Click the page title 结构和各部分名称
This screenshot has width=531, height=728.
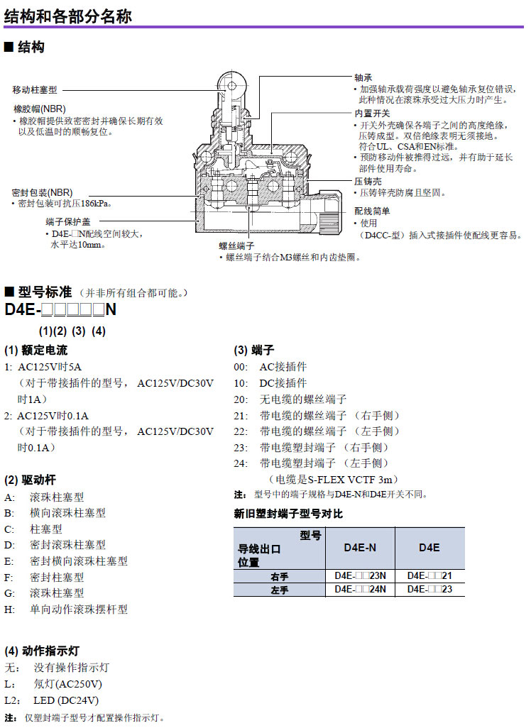[x=68, y=16]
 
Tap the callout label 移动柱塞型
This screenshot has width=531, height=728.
[x=35, y=90]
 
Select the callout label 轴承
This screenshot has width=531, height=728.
[x=363, y=77]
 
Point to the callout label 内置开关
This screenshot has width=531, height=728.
[x=372, y=114]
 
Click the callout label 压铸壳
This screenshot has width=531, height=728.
[x=368, y=182]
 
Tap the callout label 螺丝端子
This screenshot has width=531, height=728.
[x=236, y=246]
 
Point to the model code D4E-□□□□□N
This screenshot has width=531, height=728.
[x=60, y=310]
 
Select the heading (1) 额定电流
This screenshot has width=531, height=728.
[x=36, y=351]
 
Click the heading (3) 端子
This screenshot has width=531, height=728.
[x=254, y=351]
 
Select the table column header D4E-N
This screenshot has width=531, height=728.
[x=360, y=548]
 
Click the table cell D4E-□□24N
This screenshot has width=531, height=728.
[x=360, y=588]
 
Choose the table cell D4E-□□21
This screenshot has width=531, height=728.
[x=429, y=575]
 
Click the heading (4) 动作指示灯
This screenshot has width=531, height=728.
[x=47, y=651]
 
